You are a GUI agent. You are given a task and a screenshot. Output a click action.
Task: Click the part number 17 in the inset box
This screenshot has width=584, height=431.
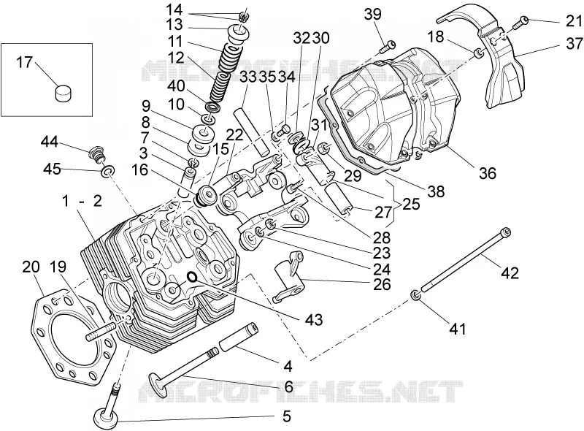click(25, 63)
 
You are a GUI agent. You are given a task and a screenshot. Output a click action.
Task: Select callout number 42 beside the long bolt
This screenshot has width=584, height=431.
click(509, 272)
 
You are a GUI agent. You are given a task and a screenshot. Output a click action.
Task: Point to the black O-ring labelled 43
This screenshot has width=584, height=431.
click(191, 276)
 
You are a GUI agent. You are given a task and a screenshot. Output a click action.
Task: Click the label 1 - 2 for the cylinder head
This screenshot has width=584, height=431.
click(82, 201)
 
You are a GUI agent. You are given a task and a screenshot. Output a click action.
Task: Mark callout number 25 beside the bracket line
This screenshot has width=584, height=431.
click(410, 204)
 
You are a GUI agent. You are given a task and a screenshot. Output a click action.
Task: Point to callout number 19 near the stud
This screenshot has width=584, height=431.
click(58, 267)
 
